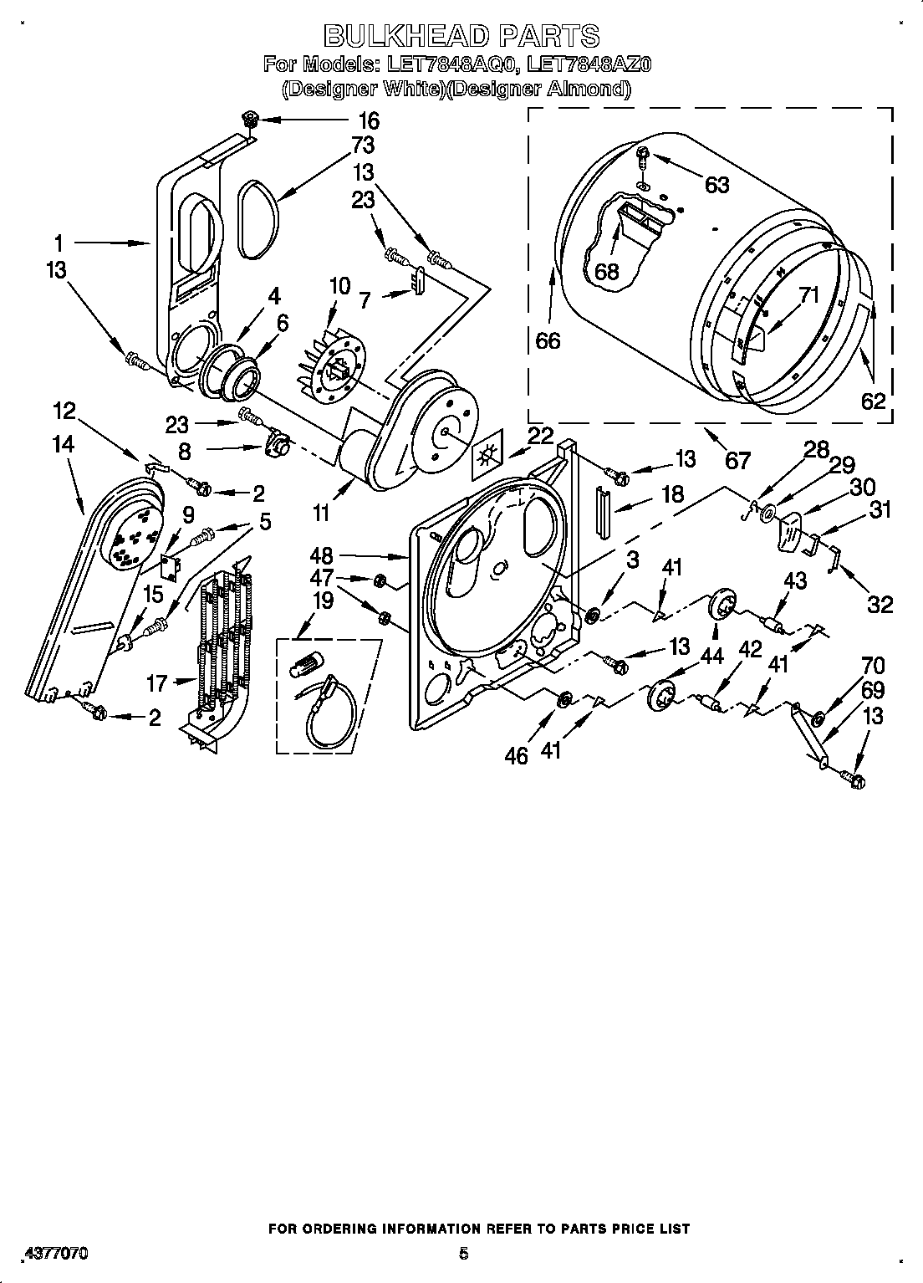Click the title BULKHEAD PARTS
[x=461, y=35]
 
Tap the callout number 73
[x=361, y=145]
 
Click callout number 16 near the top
[x=368, y=120]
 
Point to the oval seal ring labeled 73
[x=257, y=217]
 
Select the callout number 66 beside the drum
[x=548, y=340]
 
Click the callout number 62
[x=872, y=401]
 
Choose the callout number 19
[x=322, y=601]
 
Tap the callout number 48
[x=321, y=555]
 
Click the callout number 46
[x=517, y=755]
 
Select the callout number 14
[x=63, y=444]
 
